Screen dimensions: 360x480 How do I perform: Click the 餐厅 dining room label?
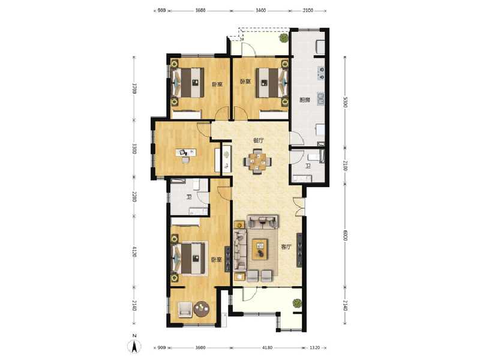[259, 140]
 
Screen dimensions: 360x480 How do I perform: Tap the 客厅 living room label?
[286, 247]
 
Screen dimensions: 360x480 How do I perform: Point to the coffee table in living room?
[260, 248]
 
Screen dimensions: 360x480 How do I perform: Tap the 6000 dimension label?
[346, 236]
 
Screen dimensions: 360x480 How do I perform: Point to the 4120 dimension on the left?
[136, 251]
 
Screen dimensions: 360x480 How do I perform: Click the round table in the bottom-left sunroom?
[201, 309]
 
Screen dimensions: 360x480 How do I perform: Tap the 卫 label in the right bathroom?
[308, 166]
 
